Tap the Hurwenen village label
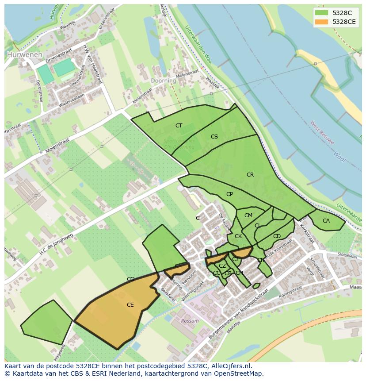25,55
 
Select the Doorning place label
163,81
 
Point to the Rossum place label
190,321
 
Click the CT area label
179,126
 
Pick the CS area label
214,137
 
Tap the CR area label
250,175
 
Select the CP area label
229,194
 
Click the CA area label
326,221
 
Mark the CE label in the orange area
130,305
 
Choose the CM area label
248,216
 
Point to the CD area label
277,236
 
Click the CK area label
238,236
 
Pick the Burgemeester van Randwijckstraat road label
239,314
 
